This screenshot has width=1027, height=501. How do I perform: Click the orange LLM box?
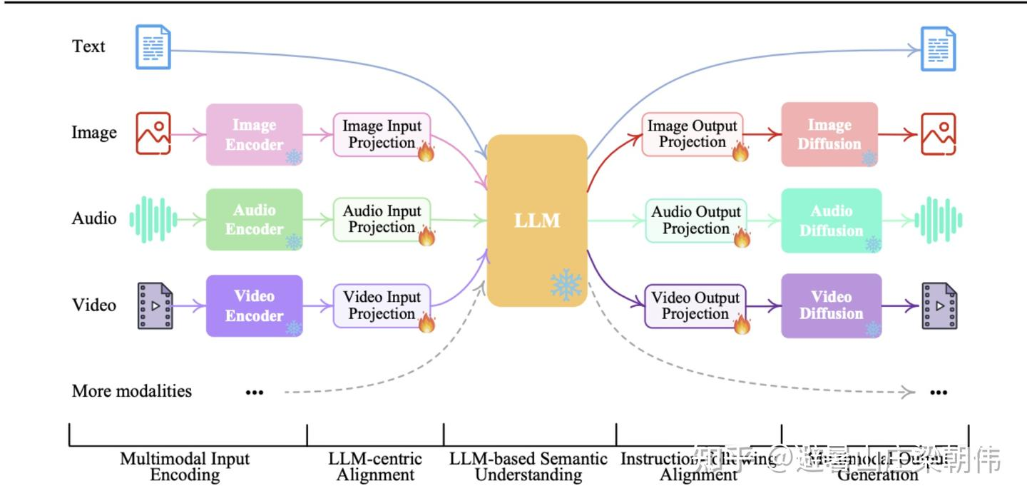[x=536, y=220]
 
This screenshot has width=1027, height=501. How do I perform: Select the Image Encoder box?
[x=255, y=135]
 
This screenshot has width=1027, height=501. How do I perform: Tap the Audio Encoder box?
[x=255, y=220]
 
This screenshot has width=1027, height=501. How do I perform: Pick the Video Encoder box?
[x=255, y=305]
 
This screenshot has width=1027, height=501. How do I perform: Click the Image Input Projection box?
[x=382, y=135]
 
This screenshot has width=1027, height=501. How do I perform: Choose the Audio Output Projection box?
[x=695, y=221]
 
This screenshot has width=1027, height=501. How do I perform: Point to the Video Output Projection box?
[x=695, y=306]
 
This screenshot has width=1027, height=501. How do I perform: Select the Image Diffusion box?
[x=829, y=135]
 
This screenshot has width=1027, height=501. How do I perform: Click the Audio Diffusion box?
[x=831, y=221]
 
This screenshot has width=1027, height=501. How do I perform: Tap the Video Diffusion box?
[x=831, y=305]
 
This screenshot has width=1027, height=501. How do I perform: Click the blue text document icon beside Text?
[x=153, y=47]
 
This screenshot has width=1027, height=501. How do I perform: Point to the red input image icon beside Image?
[x=153, y=133]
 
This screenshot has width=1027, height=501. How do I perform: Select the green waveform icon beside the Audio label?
[x=152, y=219]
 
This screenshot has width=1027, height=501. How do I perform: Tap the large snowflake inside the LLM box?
[x=566, y=285]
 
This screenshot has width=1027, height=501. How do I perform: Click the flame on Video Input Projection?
[x=426, y=323]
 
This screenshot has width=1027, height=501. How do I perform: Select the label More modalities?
[x=132, y=391]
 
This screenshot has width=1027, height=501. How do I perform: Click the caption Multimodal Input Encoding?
[x=185, y=467]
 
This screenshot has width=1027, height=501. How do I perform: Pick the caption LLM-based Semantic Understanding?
[x=528, y=467]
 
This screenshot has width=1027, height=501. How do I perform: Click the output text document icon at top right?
[x=937, y=49]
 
